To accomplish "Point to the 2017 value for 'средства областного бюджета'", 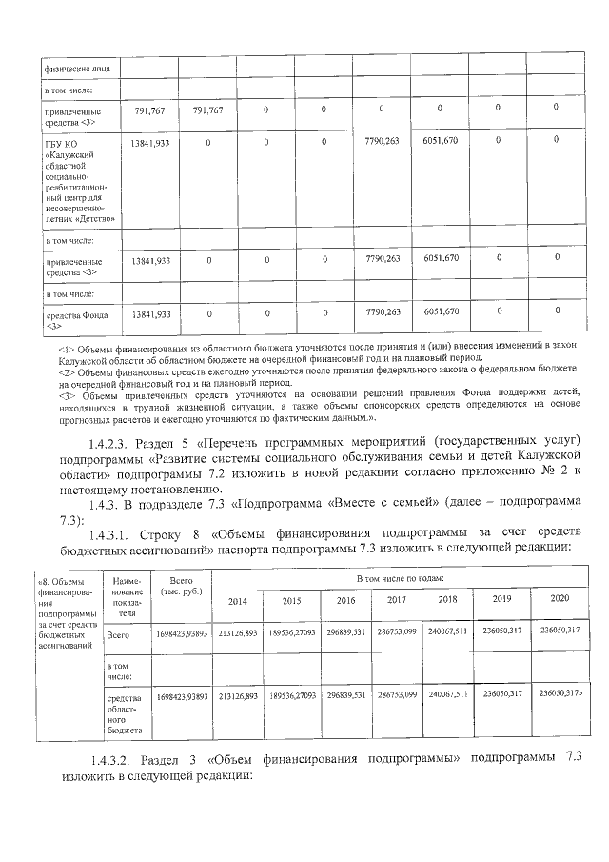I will tap(399, 696).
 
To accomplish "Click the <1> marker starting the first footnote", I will tap(66, 350).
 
